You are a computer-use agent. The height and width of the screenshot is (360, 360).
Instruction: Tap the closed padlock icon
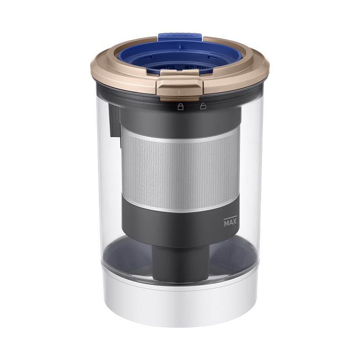[x=181, y=107]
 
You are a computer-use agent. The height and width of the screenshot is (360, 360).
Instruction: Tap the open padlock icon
[x=203, y=106]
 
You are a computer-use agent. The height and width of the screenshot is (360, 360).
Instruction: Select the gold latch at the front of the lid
[x=180, y=85]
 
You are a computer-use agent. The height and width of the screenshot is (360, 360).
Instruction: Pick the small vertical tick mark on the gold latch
[x=179, y=92]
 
